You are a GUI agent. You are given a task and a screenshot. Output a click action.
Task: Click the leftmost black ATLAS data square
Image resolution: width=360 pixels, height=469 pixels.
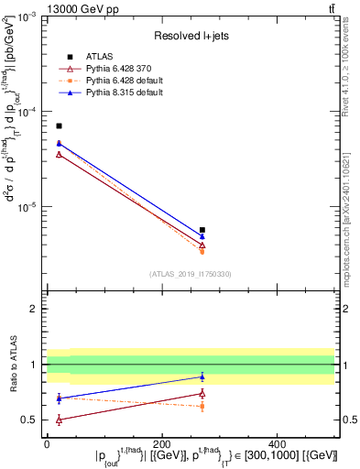point(59,125)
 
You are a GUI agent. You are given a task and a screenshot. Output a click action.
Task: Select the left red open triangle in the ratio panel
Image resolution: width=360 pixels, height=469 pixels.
point(59,420)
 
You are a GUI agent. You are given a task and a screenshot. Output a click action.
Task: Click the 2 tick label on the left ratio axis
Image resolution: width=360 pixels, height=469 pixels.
point(34,309)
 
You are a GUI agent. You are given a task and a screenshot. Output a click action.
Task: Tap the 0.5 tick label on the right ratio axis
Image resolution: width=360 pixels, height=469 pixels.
point(347,420)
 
